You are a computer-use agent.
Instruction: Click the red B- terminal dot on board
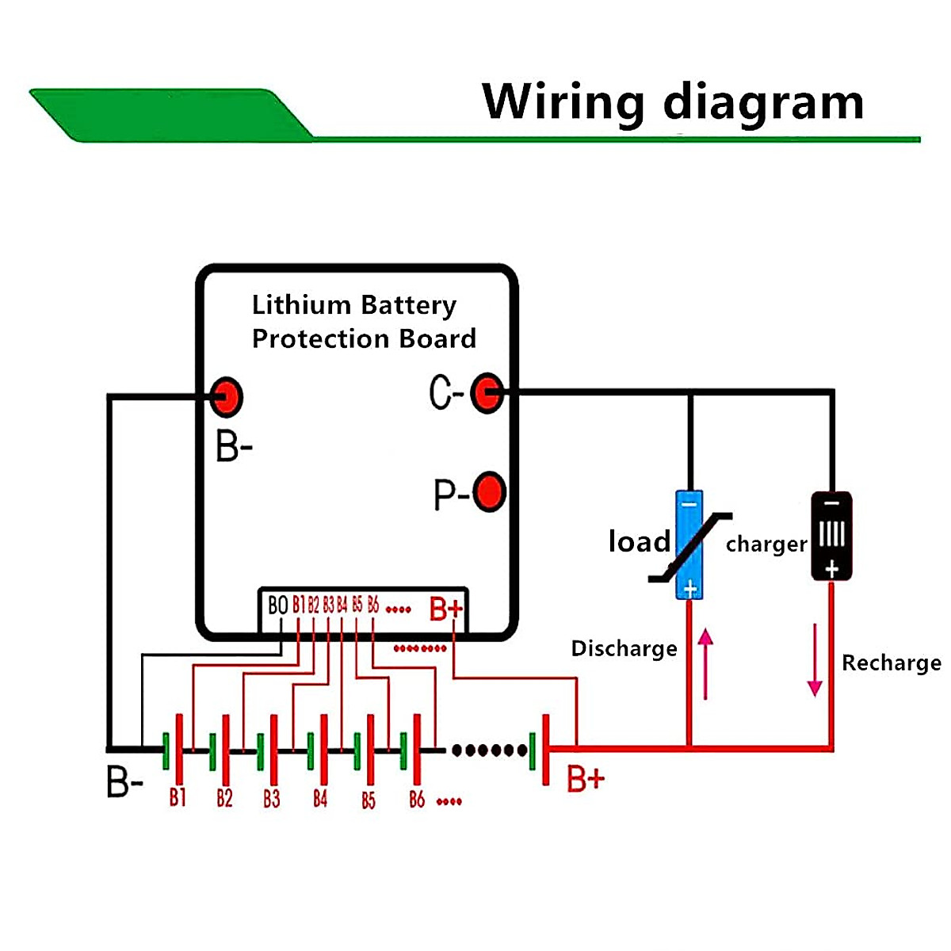tap(226, 396)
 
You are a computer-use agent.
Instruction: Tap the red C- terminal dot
tap(487, 391)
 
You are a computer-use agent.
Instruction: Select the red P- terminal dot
tap(489, 492)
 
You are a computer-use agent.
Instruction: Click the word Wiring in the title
tap(563, 102)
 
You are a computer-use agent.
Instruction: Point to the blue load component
tap(689, 544)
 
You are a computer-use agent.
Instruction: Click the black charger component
tap(831, 536)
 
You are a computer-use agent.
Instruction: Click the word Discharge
tap(624, 648)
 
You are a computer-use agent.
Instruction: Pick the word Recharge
tap(891, 663)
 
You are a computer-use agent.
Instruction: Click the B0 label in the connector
tap(277, 606)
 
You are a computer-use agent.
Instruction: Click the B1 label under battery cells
tap(178, 797)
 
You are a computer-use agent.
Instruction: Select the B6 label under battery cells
tap(417, 799)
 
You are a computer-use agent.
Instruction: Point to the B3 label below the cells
tap(272, 798)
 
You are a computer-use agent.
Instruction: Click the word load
tap(639, 542)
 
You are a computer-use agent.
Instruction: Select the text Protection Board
tap(364, 339)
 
